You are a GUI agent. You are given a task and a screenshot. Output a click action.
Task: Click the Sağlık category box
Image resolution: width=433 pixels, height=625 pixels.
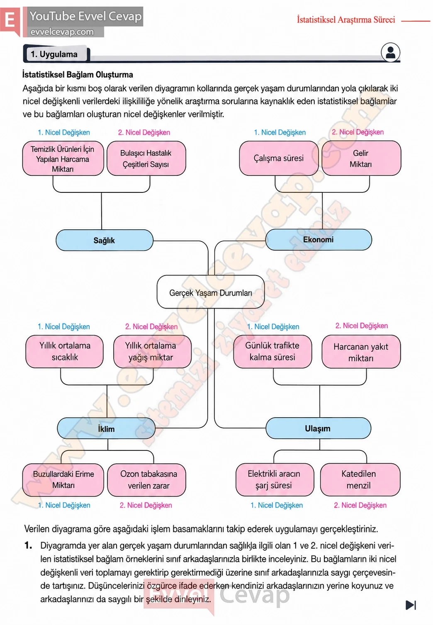[x=105, y=240]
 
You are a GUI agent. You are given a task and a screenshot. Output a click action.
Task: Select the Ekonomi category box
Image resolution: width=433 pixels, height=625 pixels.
[x=319, y=240]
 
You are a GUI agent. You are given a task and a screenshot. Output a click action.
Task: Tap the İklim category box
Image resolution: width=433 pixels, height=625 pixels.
[x=106, y=428]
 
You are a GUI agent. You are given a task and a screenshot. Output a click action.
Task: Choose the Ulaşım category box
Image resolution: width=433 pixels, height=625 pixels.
[x=319, y=428]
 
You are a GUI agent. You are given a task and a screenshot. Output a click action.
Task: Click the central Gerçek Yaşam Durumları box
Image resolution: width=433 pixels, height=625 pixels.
[x=211, y=292]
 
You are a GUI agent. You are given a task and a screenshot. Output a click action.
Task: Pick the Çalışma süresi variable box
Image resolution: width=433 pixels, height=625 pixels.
[x=279, y=158]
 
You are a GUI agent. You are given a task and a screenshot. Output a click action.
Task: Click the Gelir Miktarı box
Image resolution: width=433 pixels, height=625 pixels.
[x=361, y=158]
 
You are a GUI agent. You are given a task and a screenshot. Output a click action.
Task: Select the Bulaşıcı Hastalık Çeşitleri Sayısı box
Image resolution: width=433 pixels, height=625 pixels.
[x=146, y=158]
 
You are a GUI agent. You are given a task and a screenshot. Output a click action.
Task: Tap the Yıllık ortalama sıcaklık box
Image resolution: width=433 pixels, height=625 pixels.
[x=64, y=352]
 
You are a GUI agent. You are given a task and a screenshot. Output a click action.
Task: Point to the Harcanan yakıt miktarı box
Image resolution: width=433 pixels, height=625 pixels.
[x=361, y=352]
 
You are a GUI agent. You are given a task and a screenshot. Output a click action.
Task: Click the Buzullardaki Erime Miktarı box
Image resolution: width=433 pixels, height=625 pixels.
[x=63, y=480]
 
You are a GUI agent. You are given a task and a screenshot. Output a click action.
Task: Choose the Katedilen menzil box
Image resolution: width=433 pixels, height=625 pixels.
[x=360, y=479]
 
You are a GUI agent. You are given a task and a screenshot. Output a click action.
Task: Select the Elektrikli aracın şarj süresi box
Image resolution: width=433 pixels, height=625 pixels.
[x=275, y=479]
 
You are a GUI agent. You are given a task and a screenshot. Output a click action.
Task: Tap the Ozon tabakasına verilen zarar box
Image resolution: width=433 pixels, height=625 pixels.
[x=147, y=480]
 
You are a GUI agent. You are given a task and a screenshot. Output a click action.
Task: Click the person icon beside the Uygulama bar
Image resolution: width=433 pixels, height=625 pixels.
[x=390, y=52]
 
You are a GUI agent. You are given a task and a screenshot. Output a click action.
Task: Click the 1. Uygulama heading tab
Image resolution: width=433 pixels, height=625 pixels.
[x=57, y=54]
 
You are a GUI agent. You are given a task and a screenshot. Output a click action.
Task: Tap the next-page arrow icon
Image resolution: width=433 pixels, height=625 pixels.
[x=411, y=605]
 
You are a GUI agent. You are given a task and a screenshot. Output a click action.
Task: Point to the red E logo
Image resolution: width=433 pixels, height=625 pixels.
[x=10, y=20]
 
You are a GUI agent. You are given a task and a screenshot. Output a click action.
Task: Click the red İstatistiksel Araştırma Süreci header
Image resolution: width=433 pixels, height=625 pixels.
[x=346, y=20]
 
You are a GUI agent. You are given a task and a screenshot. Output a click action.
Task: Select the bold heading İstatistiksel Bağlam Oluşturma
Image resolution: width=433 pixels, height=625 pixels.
[x=78, y=75]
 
